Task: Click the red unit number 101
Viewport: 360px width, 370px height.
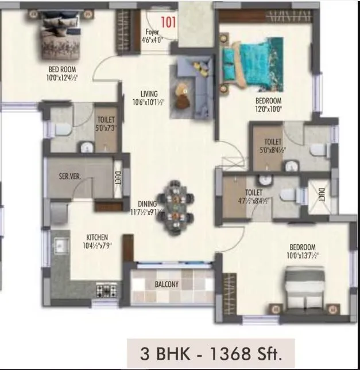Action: pos(169,23)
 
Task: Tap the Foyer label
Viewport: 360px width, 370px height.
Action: pos(152,33)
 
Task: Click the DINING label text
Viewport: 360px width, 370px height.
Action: pos(147,203)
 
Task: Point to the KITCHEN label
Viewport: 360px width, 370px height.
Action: pos(96,237)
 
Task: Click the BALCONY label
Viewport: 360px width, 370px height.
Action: pos(166,284)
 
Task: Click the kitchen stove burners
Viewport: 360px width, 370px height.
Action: pos(108,290)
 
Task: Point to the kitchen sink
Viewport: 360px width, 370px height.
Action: pos(60,247)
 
